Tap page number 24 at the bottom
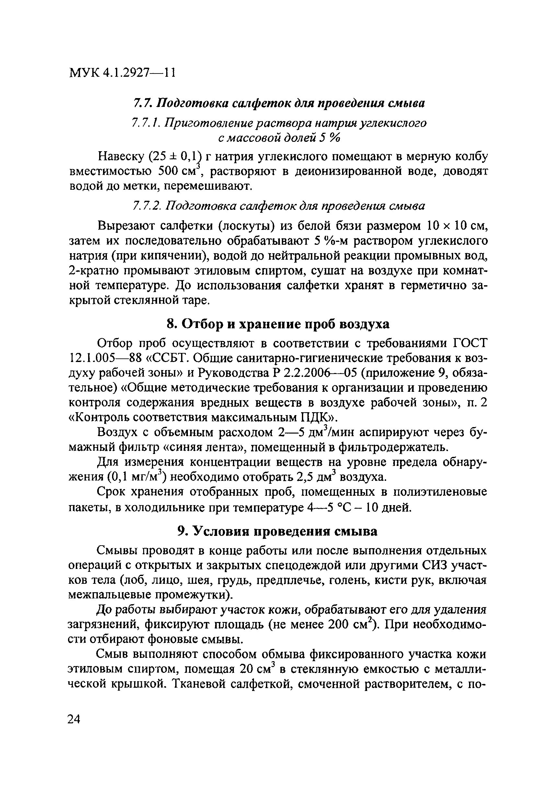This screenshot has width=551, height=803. [x=74, y=719]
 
